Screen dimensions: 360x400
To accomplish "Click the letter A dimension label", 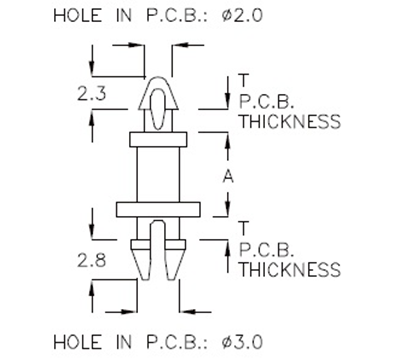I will (228, 175).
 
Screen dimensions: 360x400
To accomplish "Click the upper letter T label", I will (244, 79).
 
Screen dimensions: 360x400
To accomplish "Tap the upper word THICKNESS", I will (290, 122).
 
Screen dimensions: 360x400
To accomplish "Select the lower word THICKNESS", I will (290, 270).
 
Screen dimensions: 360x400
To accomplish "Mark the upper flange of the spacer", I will (160, 137).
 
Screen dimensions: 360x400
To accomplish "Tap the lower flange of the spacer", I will (160, 210).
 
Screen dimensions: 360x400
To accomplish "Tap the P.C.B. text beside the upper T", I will (265, 100).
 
